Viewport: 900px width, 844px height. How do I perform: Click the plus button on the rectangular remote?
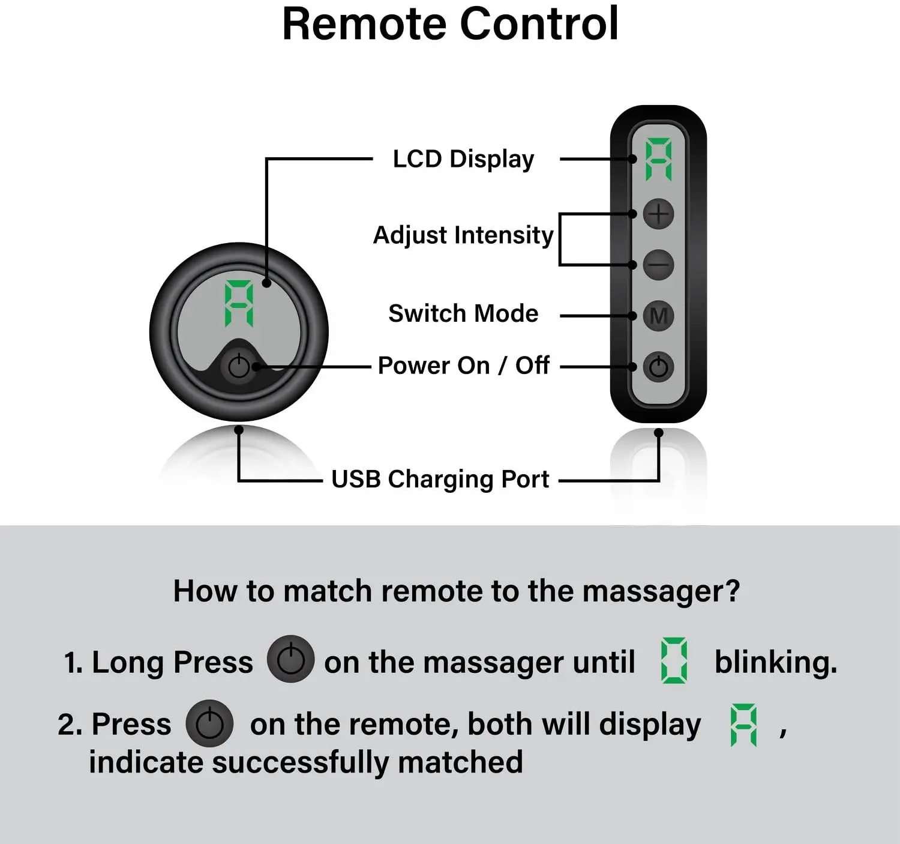click(x=658, y=214)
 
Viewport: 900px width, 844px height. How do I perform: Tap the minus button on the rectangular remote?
click(x=658, y=265)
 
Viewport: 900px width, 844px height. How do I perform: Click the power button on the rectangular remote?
click(x=658, y=367)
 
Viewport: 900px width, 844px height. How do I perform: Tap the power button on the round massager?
click(x=239, y=366)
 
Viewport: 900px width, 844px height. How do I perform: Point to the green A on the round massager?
click(x=239, y=304)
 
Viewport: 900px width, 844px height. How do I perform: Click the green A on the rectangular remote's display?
click(x=658, y=160)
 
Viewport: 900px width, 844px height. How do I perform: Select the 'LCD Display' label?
click(x=463, y=160)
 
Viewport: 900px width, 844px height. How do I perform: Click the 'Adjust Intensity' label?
click(x=463, y=235)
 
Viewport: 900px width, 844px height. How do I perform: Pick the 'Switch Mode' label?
click(x=463, y=314)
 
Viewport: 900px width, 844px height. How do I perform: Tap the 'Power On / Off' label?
click(x=463, y=366)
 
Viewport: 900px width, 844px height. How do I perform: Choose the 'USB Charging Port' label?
click(x=440, y=480)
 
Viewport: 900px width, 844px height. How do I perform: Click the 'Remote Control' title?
click(x=450, y=24)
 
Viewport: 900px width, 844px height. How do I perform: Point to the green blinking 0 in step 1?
click(x=674, y=661)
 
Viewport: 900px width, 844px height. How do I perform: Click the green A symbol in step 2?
click(x=743, y=725)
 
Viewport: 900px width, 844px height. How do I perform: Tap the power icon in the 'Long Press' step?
click(x=291, y=659)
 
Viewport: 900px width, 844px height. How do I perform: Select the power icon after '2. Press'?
click(x=209, y=723)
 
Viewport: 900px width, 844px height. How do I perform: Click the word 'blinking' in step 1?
click(x=775, y=663)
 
